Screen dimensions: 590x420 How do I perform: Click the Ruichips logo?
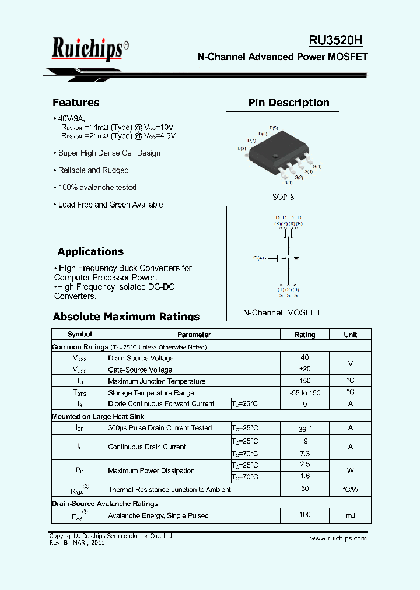tap(87, 49)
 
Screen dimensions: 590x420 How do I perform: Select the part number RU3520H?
tap(335, 40)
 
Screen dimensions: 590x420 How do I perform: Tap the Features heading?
tap(76, 103)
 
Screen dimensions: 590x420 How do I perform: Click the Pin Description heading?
tap(288, 103)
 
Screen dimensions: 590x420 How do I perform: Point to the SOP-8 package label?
tap(283, 197)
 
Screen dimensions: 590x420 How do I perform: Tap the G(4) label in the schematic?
tap(258, 258)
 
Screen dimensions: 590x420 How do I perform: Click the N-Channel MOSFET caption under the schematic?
tap(282, 312)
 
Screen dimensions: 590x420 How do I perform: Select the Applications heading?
tap(90, 252)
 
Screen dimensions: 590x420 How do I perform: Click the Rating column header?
tap(304, 335)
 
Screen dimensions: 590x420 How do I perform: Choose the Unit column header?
tap(350, 335)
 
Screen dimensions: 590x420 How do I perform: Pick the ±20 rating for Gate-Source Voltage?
tap(304, 369)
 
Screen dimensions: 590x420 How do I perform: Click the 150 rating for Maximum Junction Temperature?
tap(304, 381)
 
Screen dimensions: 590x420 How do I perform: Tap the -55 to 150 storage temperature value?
tap(304, 392)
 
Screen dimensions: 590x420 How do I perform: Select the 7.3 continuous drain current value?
tap(304, 454)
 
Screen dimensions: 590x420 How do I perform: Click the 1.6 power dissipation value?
tap(304, 476)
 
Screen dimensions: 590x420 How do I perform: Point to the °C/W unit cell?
tap(350, 490)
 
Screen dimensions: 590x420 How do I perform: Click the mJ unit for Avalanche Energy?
tap(350, 516)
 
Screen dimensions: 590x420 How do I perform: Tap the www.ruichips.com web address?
tap(338, 538)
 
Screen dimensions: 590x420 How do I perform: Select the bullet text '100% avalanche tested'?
tap(97, 188)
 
